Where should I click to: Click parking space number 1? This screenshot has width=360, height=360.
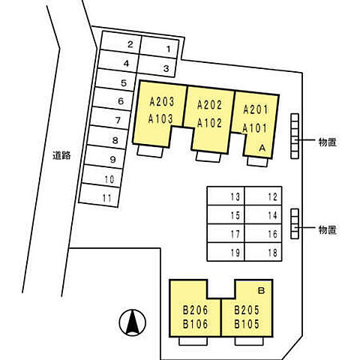pyautogui.click(x=159, y=47)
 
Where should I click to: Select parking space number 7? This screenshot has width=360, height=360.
pyautogui.click(x=110, y=118)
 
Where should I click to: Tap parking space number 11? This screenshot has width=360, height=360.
pyautogui.click(x=99, y=195)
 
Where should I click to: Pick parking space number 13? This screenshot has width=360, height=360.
pyautogui.click(x=226, y=196)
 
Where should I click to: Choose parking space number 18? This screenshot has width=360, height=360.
pyautogui.click(x=263, y=252)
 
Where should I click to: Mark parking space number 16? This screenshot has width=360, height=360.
pyautogui.click(x=263, y=233)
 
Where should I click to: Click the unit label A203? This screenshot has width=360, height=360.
pyautogui.click(x=162, y=102)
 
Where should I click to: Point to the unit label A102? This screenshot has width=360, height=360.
pyautogui.click(x=209, y=123)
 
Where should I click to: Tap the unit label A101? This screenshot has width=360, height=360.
pyautogui.click(x=255, y=128)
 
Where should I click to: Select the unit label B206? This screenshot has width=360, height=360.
pyautogui.click(x=195, y=310)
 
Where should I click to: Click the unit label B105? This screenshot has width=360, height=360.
pyautogui.click(x=247, y=324)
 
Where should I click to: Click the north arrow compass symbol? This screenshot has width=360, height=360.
pyautogui.click(x=132, y=322)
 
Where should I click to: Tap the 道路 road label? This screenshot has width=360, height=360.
pyautogui.click(x=61, y=155)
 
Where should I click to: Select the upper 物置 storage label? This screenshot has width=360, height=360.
pyautogui.click(x=328, y=142)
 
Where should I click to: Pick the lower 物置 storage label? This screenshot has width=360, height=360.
pyautogui.click(x=328, y=229)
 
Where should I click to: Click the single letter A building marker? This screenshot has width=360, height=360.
pyautogui.click(x=262, y=148)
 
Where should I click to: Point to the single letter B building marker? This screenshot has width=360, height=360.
pyautogui.click(x=261, y=290)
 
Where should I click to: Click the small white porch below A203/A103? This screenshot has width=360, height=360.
pyautogui.click(x=150, y=151)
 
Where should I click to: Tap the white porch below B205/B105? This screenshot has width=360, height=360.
pyautogui.click(x=249, y=341)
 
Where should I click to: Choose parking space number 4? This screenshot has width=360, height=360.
pyautogui.click(x=118, y=61)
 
